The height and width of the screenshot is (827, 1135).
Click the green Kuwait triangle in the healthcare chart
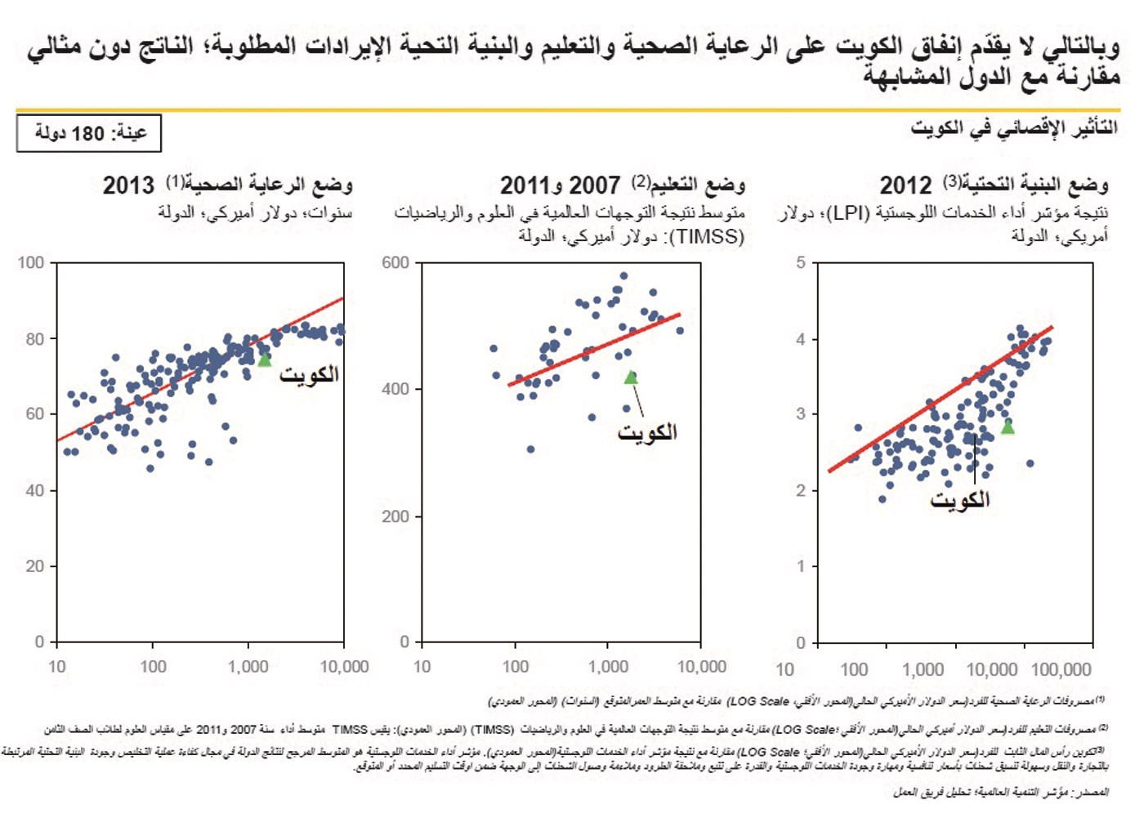coord(264,359)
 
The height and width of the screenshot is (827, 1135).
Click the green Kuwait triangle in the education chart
coord(631,377)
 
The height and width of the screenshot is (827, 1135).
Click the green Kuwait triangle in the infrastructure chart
coord(1008,427)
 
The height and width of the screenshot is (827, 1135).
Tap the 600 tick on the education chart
coord(395,262)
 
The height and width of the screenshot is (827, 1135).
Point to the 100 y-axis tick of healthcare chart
coord(31,262)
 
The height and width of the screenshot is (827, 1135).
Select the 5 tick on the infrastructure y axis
coord(801,262)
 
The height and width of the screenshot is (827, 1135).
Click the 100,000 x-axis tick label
coord(1061,670)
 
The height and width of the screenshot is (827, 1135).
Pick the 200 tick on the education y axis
coord(395,516)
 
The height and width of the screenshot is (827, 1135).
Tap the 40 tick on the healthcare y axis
coord(34,490)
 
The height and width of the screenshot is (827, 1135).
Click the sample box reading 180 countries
coord(89,133)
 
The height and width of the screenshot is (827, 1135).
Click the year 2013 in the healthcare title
coord(128,186)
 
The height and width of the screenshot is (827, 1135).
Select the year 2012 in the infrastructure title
coord(905,186)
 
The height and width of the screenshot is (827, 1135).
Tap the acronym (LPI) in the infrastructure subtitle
coord(847,213)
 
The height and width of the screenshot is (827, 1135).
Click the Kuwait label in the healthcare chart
coord(309,375)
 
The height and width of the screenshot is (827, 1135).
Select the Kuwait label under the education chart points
coord(647,432)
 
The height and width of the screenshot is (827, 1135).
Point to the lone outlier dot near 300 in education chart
coord(530,449)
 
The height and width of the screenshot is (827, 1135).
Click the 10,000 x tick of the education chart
coord(701,667)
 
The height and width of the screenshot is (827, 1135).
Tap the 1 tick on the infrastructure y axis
coord(801,565)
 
